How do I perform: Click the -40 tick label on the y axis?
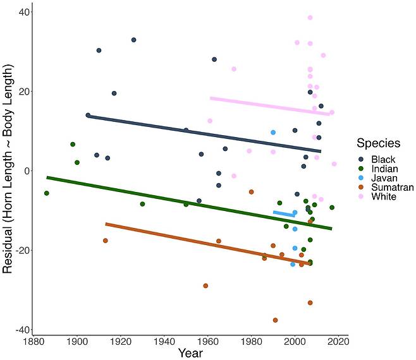pos(19,330)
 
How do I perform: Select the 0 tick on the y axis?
pos(23,171)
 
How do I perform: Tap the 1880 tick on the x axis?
pos(34,342)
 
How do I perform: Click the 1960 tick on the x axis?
pos(208,342)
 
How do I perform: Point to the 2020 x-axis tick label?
pos(339,342)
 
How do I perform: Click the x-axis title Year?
pos(190,353)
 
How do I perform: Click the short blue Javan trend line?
pos(284,214)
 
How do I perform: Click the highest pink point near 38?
pos(310,18)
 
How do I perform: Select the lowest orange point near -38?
pos(275,320)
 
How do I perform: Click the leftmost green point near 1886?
pos(46,193)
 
